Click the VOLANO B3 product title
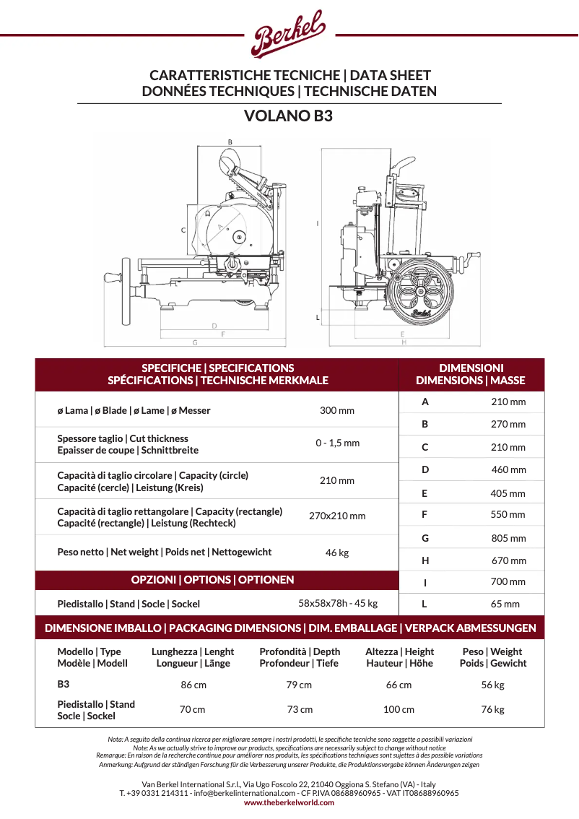[289, 116]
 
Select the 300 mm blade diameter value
[337, 410]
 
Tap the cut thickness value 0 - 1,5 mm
[337, 443]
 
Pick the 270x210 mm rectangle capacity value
[337, 516]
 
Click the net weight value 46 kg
[337, 552]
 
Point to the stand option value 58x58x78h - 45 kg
[338, 602]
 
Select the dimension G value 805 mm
[508, 538]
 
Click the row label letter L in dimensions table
[425, 604]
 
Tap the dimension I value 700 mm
[508, 581]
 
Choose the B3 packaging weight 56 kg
[492, 685]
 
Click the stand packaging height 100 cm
[399, 709]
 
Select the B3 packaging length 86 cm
[193, 685]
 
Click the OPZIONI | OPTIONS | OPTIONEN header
[212, 579]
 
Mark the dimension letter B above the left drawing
[230, 142]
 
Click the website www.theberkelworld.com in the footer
[289, 802]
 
